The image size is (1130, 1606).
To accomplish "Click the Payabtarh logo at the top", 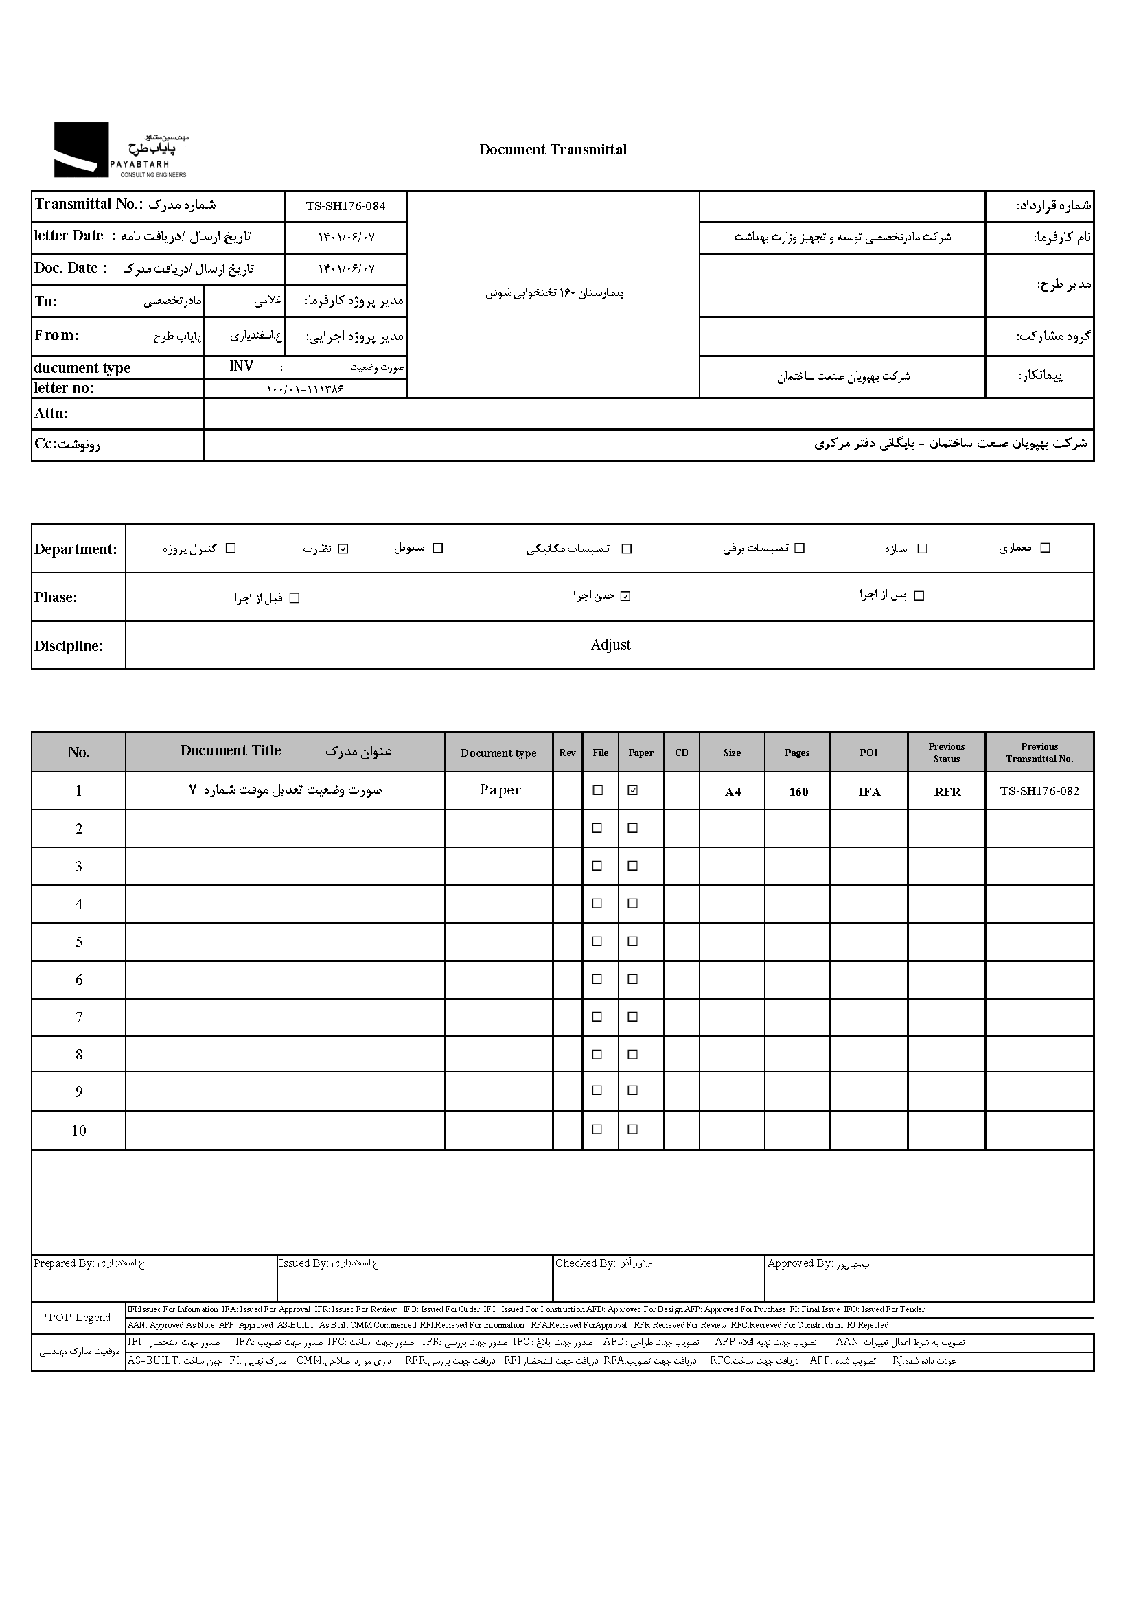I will (x=121, y=150).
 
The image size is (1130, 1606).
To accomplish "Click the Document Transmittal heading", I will (x=553, y=150).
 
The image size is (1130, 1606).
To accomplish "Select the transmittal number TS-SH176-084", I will (x=345, y=207).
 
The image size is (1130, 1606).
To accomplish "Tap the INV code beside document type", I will (x=241, y=367).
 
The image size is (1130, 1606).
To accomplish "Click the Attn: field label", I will (x=51, y=413).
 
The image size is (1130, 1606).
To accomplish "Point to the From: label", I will (x=57, y=335).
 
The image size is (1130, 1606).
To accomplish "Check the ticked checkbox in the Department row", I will (x=343, y=549).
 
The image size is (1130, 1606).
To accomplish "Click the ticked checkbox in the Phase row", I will (x=626, y=596).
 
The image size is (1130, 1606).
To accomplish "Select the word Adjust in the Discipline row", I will (x=610, y=645).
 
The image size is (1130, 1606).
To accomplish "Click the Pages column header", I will (x=797, y=753).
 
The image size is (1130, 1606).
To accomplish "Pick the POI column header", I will (x=868, y=753).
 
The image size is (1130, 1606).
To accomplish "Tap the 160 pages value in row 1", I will (x=798, y=792).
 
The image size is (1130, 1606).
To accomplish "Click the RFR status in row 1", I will (x=947, y=792).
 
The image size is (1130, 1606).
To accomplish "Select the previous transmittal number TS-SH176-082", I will (x=1039, y=791).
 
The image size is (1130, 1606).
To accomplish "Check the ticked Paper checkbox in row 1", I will (x=633, y=790).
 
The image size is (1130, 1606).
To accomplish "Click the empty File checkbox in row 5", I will (x=597, y=941).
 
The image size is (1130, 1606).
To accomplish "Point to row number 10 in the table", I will (x=79, y=1131).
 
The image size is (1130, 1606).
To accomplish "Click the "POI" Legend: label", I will (x=79, y=1318).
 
